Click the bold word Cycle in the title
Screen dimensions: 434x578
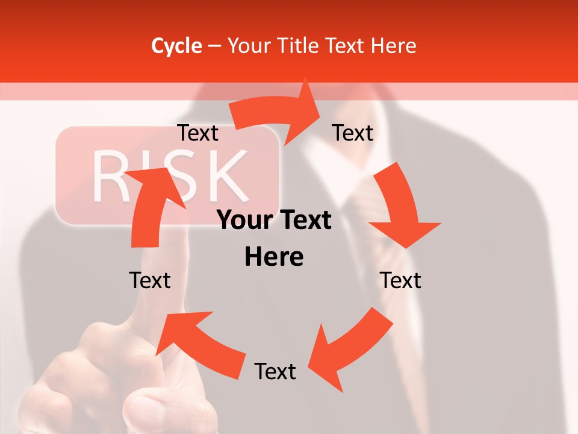pos(176,46)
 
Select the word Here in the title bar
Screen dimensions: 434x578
pos(394,46)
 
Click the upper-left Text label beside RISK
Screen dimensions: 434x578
pos(197,133)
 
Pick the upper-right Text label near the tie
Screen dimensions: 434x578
pos(353,133)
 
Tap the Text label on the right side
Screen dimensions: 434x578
pos(400,281)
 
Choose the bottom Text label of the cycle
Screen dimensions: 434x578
pos(275,372)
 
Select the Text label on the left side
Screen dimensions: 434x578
pos(150,281)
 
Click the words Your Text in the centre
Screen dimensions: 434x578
pos(274,221)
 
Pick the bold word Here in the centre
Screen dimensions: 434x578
pos(274,257)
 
